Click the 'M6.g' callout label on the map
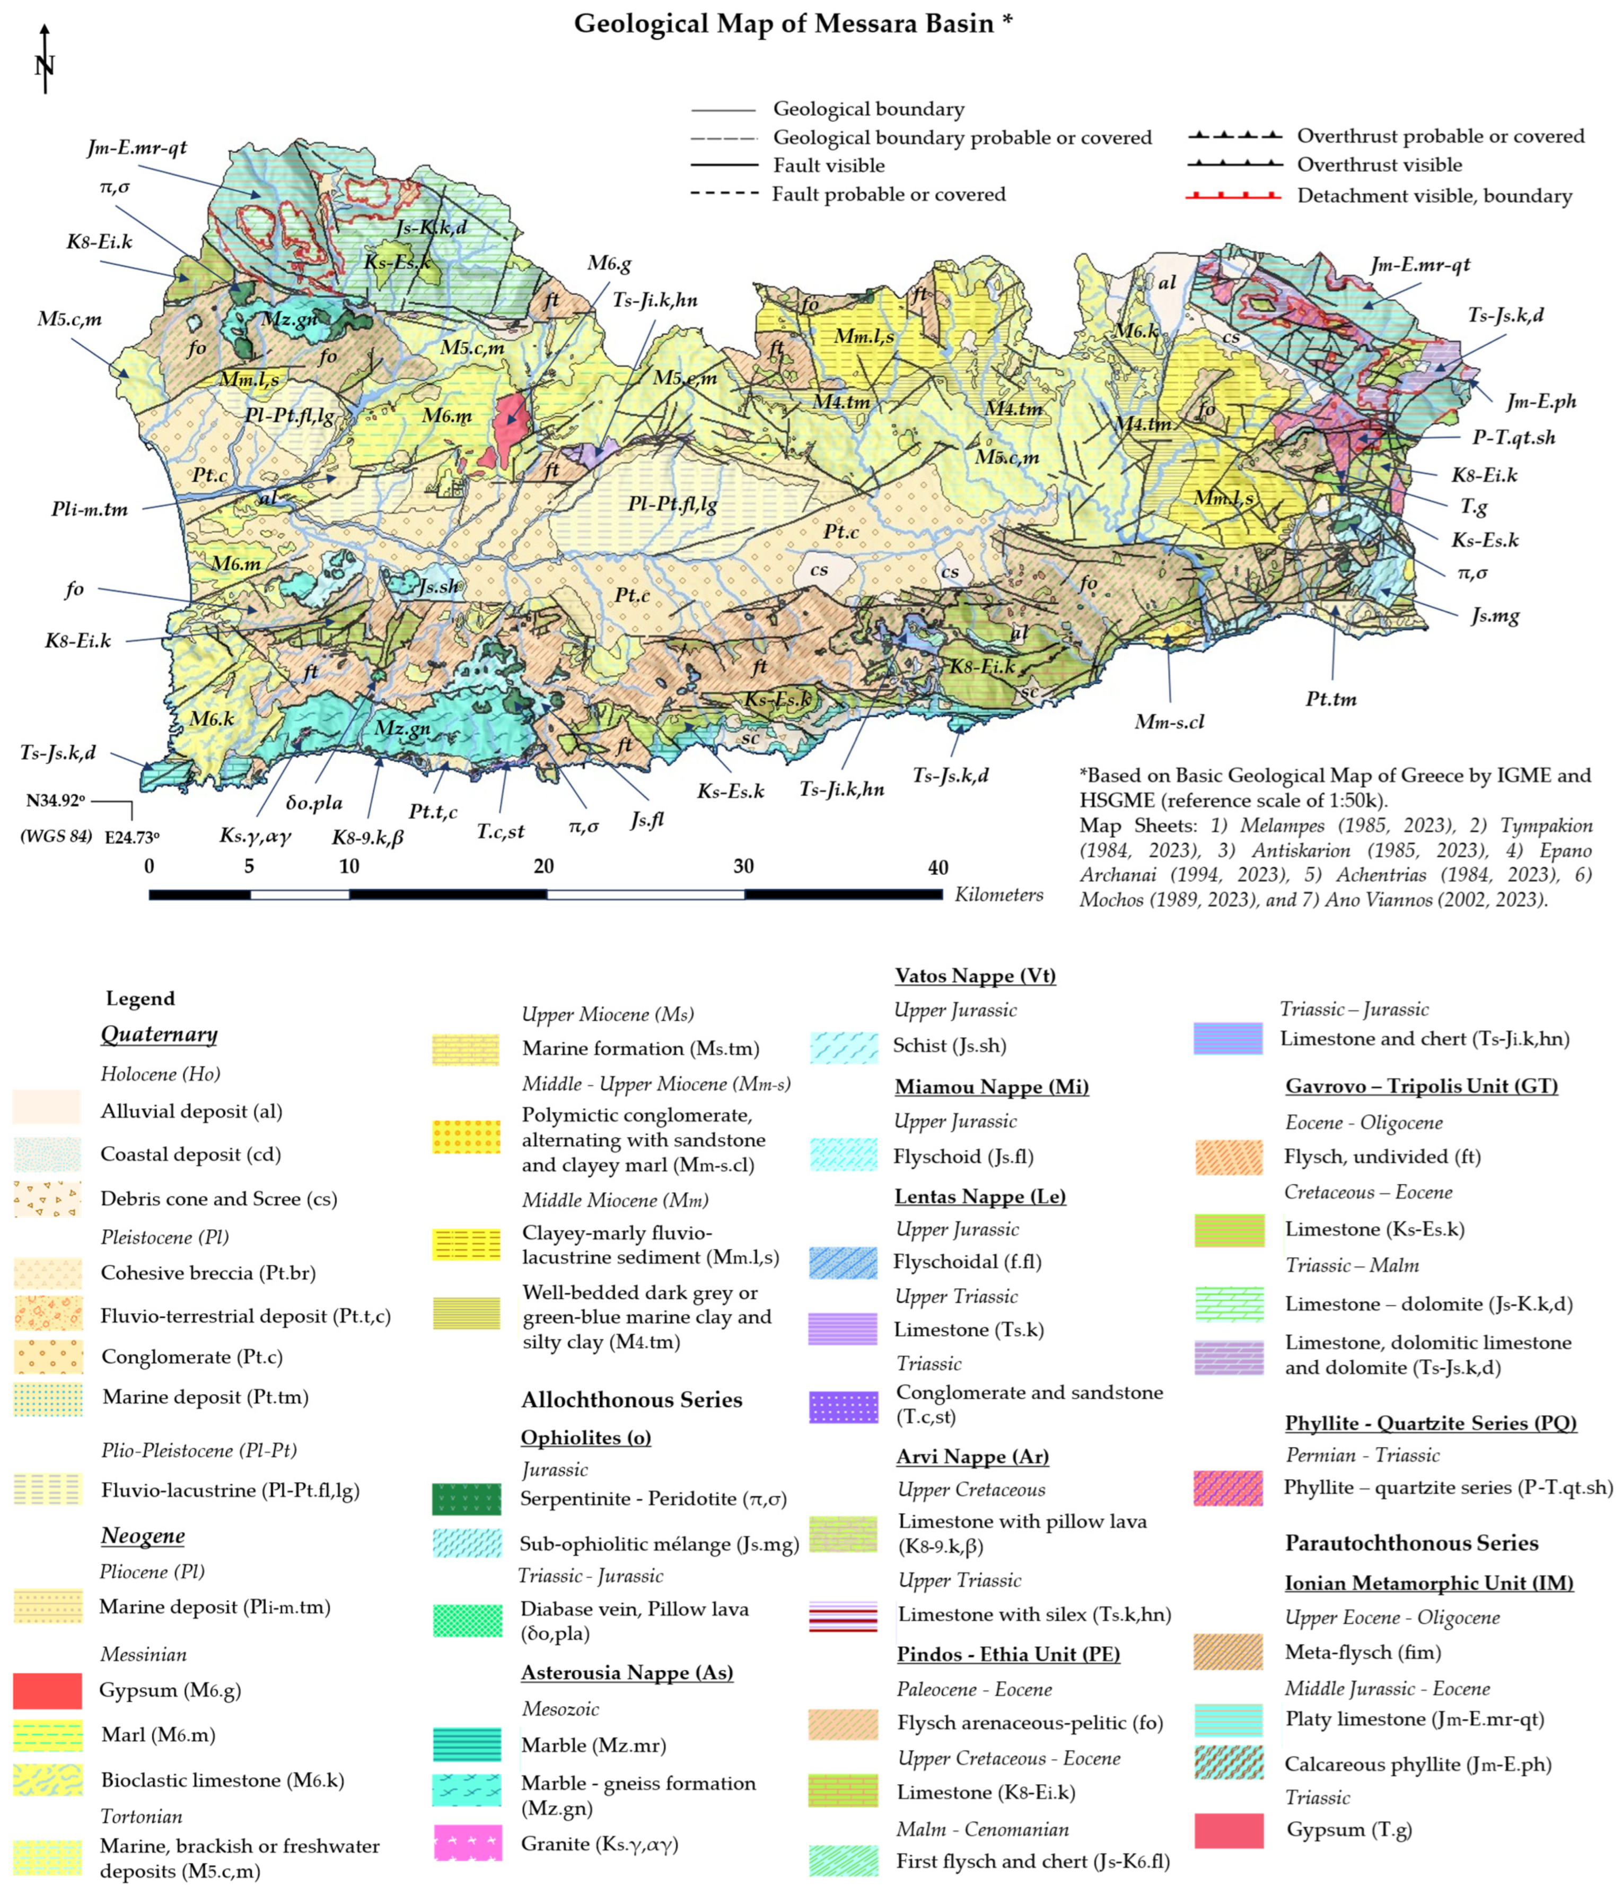(x=609, y=263)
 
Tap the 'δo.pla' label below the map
(x=313, y=803)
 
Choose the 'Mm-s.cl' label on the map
(x=1169, y=722)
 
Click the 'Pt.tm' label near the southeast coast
(x=1330, y=699)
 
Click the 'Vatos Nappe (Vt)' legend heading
(x=975, y=975)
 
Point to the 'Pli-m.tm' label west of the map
(x=90, y=509)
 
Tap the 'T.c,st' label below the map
(x=501, y=830)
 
